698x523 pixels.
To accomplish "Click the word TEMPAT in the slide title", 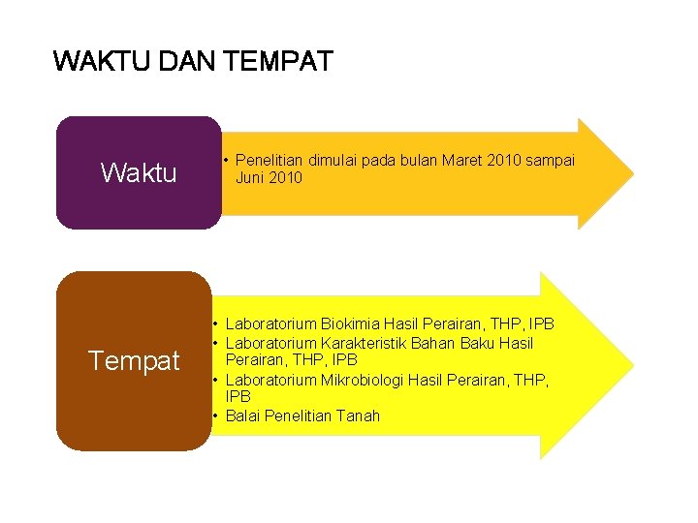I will coord(278,62).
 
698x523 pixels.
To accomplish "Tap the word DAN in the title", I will coord(186,62).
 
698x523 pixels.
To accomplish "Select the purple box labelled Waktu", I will coord(139,173).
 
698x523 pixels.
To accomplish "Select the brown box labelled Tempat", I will coord(134,361).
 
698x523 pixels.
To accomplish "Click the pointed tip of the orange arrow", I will coord(631,174).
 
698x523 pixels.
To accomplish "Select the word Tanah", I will coord(359,415).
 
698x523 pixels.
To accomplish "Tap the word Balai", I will coord(243,415).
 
